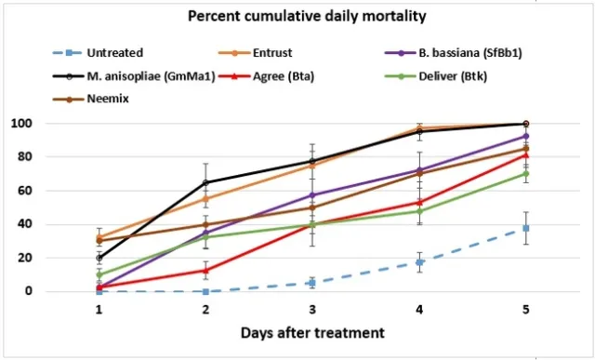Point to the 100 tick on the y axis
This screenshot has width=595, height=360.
pos(73,124)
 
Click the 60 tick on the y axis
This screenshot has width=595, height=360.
pos(75,191)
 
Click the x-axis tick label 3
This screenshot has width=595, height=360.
pos(312,308)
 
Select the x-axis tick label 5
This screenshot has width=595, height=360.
pos(526,308)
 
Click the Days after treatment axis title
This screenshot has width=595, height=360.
pos(311,333)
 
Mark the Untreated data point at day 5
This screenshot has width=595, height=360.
pos(526,228)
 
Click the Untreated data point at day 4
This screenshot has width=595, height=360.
pos(419,262)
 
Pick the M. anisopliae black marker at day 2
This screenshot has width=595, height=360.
pos(205,182)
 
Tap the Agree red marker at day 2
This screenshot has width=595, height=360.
pos(205,271)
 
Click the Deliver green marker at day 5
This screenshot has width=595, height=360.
pos(526,173)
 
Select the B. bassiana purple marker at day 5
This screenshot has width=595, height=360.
pos(526,136)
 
